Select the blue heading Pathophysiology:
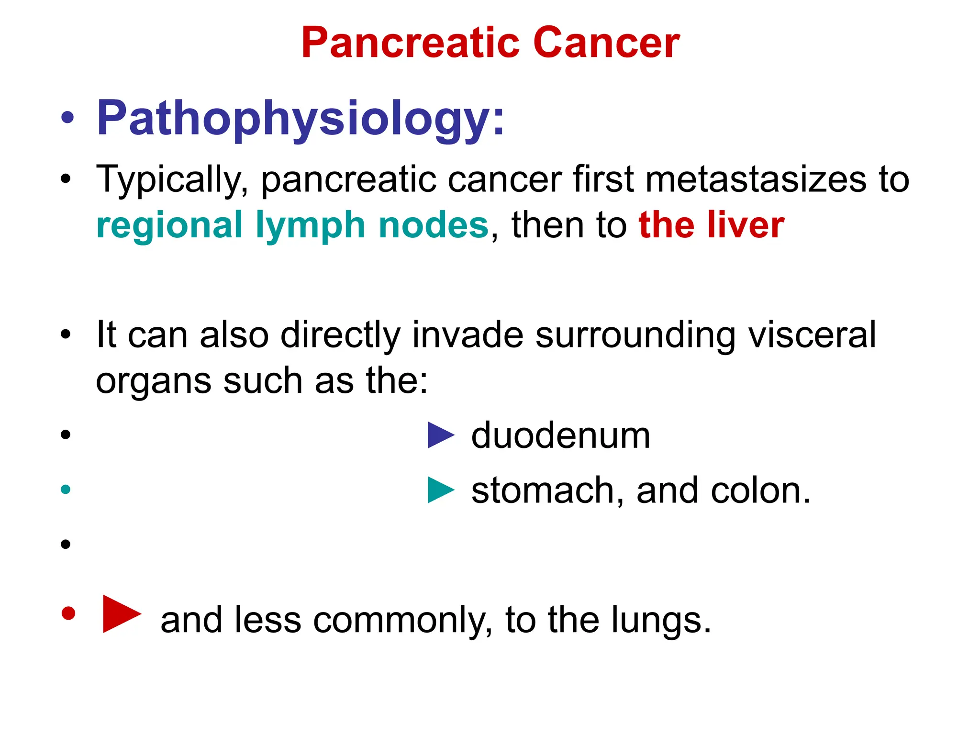(x=300, y=118)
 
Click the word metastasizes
(x=756, y=179)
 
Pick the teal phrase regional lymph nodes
(x=292, y=225)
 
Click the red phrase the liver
(x=711, y=225)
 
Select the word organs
(x=153, y=381)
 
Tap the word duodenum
(x=560, y=436)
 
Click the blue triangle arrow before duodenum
(x=440, y=435)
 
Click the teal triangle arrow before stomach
(x=440, y=490)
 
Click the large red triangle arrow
(x=120, y=614)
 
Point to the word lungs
(x=661, y=621)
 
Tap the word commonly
(x=402, y=621)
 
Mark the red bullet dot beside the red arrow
(x=68, y=613)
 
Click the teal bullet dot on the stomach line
(x=66, y=490)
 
